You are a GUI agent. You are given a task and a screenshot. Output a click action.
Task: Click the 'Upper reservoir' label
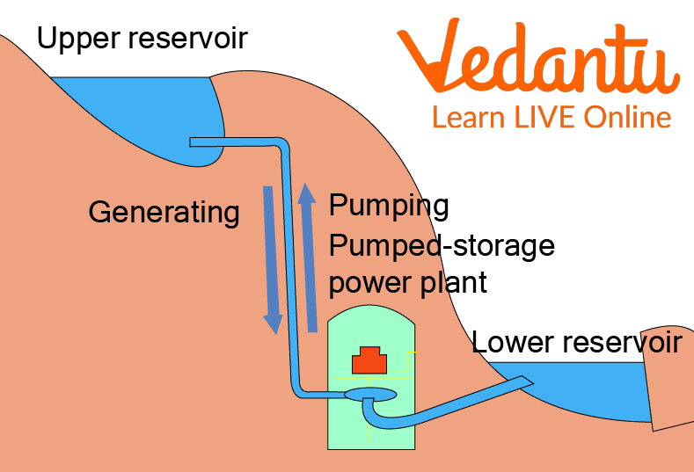(142, 39)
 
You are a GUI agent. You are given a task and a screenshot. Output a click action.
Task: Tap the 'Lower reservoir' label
(576, 341)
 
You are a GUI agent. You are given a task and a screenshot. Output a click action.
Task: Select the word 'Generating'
(164, 212)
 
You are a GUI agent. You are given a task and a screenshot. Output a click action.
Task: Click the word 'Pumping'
(389, 206)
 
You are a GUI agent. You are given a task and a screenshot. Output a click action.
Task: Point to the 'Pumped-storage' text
(442, 245)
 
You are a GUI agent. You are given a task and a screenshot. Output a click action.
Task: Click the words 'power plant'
(407, 283)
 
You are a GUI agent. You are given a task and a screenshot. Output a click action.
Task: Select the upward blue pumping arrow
(307, 256)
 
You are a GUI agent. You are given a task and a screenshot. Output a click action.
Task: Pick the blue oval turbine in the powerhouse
(369, 395)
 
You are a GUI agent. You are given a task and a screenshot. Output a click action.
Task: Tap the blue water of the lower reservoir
(589, 387)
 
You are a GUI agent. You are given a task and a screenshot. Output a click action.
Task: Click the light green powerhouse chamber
(347, 422)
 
